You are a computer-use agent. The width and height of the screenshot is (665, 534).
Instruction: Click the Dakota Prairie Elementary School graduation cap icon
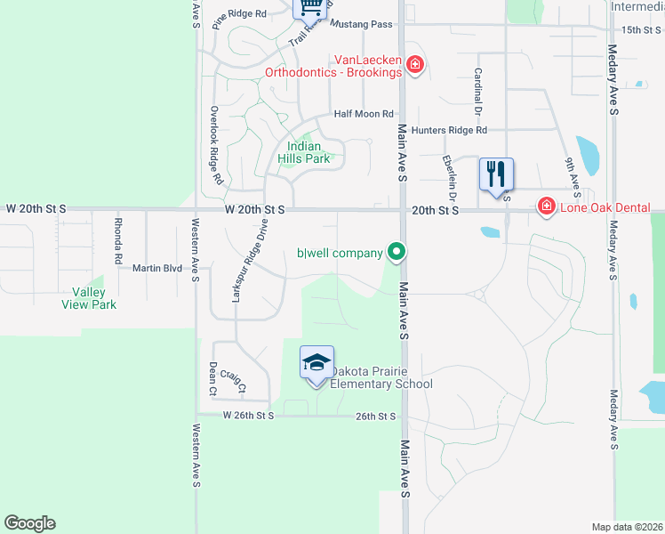pyautogui.click(x=317, y=362)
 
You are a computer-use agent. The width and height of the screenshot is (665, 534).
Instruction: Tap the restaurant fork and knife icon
pyautogui.click(x=495, y=172)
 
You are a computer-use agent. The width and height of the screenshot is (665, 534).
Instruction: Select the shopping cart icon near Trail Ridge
pyautogui.click(x=310, y=7)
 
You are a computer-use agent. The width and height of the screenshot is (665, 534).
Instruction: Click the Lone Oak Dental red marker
pyautogui.click(x=546, y=206)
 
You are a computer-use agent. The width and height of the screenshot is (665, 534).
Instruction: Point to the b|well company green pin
pyautogui.click(x=397, y=253)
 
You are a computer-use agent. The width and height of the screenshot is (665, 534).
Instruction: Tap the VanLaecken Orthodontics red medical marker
pyautogui.click(x=413, y=64)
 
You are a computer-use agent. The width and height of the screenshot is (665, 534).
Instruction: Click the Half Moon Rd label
pyautogui.click(x=364, y=114)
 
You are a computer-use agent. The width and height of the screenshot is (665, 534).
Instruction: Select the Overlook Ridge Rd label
pyautogui.click(x=215, y=145)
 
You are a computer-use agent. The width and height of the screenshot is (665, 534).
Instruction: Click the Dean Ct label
pyautogui.click(x=212, y=377)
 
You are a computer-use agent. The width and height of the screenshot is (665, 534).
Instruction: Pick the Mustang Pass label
pyautogui.click(x=361, y=25)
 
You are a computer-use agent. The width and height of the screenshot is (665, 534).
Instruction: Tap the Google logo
pyautogui.click(x=29, y=523)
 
